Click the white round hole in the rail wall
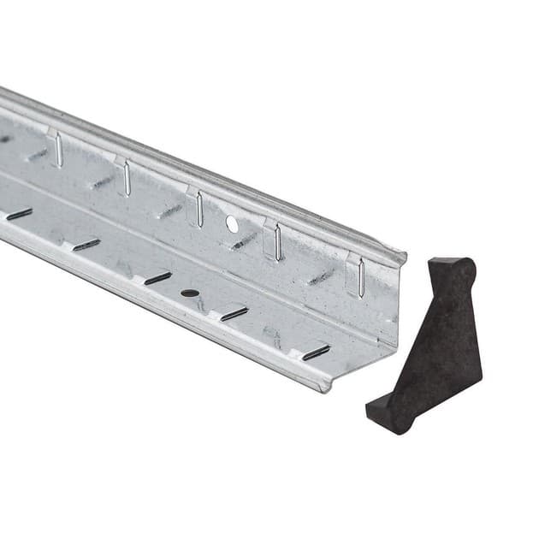point(232,224)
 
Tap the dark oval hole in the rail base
point(190,293)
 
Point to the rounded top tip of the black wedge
point(463,268)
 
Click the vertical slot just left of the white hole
point(199,209)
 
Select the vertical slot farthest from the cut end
point(59,150)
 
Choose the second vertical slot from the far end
point(127,178)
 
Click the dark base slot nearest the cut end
point(316,352)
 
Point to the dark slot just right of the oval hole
point(234,314)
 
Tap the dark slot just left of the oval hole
point(157,278)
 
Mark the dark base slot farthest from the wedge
point(19,214)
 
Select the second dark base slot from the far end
point(86,245)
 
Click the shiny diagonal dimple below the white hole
point(244,241)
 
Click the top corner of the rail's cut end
point(404,254)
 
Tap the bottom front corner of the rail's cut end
point(325,388)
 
